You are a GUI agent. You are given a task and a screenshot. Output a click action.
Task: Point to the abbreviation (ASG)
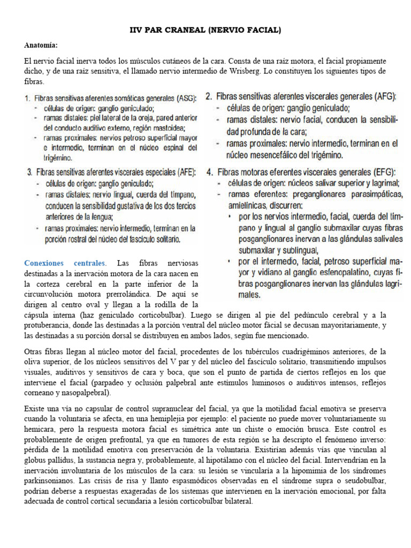(184, 99)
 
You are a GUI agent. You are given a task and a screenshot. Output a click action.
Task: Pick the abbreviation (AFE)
(183, 173)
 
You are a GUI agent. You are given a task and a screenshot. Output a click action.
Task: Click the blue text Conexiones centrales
(65, 263)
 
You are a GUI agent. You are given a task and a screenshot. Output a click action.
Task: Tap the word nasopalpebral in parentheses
(82, 393)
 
